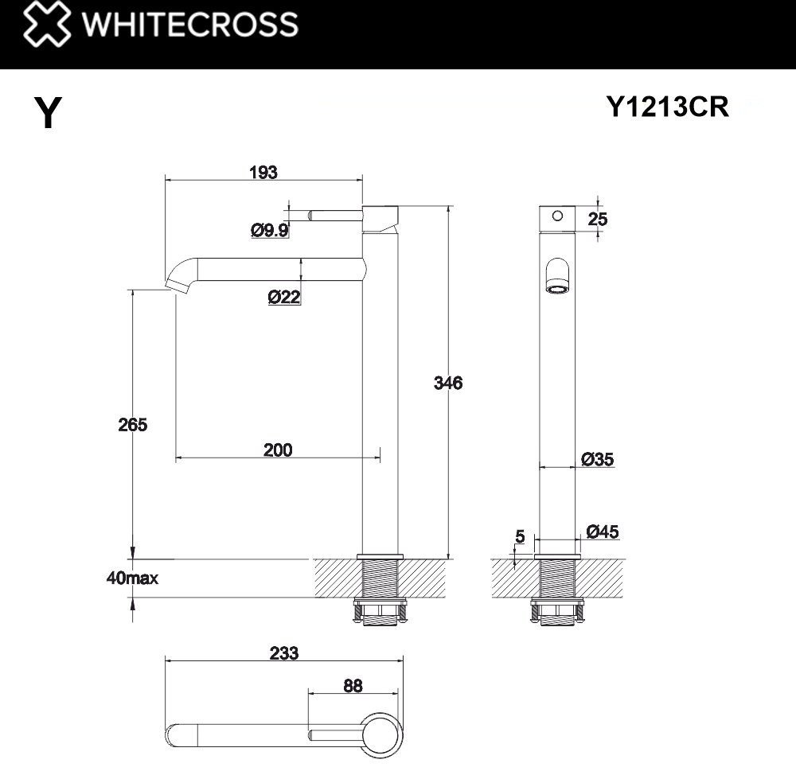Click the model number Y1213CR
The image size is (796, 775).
(667, 107)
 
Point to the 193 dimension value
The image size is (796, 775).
(263, 172)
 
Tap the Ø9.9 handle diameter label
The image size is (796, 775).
(269, 231)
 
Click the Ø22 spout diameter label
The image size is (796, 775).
(284, 298)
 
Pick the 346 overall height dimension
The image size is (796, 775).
(447, 383)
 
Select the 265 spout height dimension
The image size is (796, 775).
(132, 424)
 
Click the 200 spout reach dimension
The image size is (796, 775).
(277, 450)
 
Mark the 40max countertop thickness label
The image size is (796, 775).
(131, 578)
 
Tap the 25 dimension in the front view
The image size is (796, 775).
(597, 219)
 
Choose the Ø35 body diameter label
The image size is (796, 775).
(597, 459)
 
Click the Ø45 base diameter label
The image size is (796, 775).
(602, 532)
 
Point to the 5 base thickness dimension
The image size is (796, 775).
(520, 537)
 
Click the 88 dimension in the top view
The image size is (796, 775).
(353, 685)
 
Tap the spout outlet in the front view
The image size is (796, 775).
(557, 279)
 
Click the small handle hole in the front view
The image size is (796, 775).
(557, 215)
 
